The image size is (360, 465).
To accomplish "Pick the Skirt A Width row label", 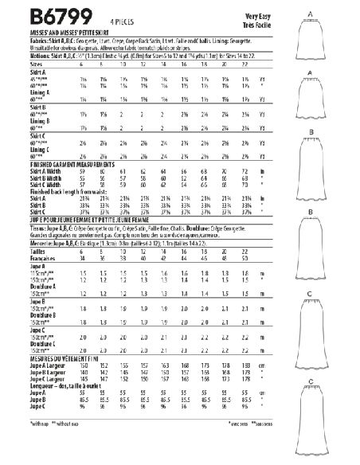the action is point(25,169).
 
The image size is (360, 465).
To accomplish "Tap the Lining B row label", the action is point(18,105).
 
